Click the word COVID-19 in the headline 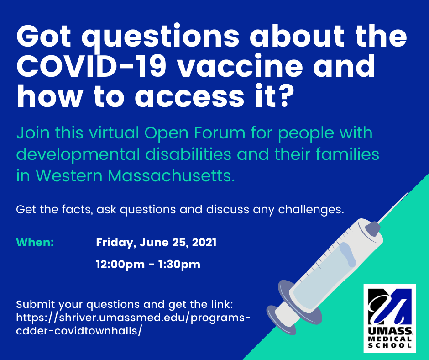[x=91, y=66]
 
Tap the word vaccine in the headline [x=241, y=66]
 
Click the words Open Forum [x=195, y=133]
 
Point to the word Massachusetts [x=172, y=175]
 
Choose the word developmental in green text [x=78, y=154]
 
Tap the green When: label [x=35, y=243]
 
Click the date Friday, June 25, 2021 [x=156, y=243]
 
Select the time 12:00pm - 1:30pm [x=148, y=265]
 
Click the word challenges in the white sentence [x=311, y=210]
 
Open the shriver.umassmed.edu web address [x=133, y=324]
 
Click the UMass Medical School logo [x=390, y=318]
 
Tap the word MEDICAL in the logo [x=390, y=339]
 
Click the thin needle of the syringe [x=394, y=207]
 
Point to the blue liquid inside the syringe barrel [x=323, y=274]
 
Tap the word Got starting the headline [x=44, y=37]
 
